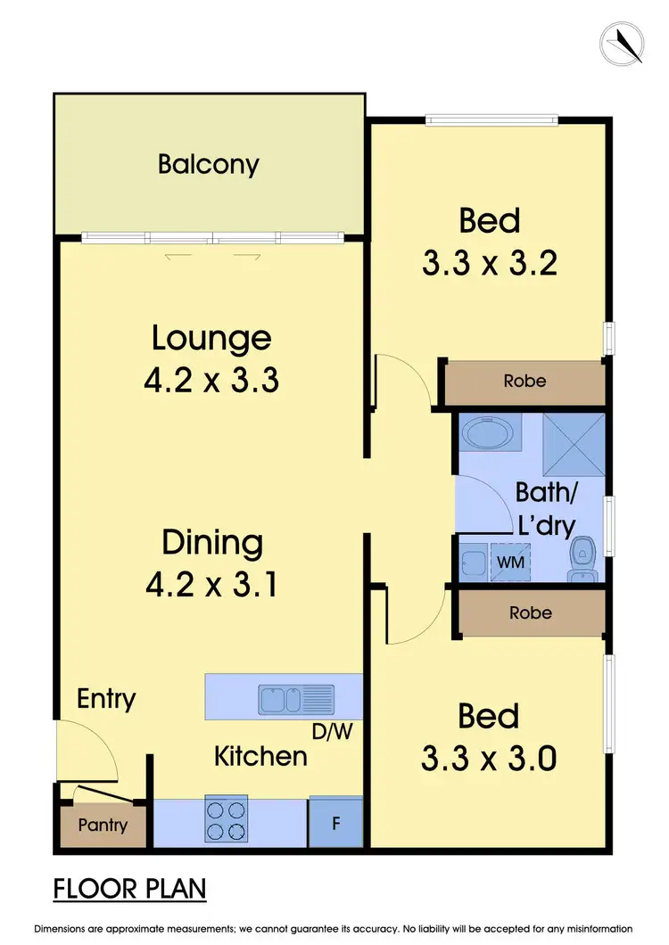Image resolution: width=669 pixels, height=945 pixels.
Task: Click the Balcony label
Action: point(209,164)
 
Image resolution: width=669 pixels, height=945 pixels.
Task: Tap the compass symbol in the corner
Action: point(622,43)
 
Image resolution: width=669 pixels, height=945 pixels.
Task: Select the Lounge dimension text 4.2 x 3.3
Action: point(211,381)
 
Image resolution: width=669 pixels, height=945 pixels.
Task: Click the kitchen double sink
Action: point(296,699)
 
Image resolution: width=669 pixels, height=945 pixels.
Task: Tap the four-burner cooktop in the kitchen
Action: point(226,819)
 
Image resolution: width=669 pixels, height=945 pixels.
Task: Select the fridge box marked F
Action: point(335,822)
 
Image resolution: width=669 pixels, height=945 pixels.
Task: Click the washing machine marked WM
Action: point(510,563)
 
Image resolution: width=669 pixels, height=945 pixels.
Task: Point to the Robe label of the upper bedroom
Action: point(524,381)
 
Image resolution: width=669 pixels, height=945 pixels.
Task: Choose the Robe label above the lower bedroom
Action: point(530,612)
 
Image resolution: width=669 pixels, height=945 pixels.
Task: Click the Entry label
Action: point(106,698)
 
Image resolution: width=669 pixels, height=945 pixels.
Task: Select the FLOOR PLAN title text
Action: point(130,889)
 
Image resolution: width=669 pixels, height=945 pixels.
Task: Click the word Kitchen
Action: point(260,757)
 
